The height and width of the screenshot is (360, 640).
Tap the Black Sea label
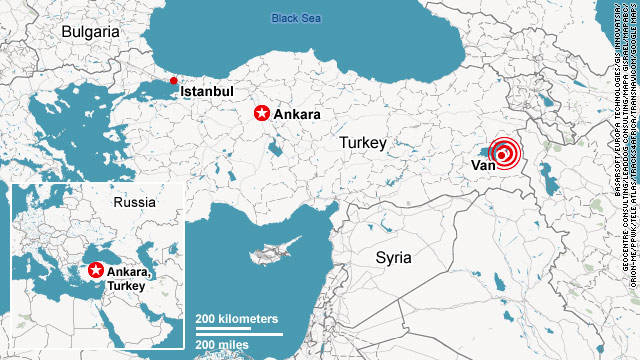(x=297, y=18)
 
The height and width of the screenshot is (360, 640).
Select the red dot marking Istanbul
(x=173, y=165)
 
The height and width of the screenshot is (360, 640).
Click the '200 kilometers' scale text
(x=237, y=318)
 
